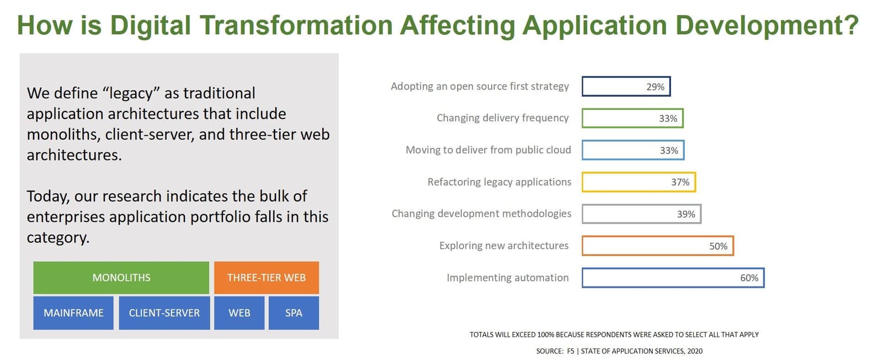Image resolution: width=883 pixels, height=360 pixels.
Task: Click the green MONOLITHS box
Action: (x=121, y=278)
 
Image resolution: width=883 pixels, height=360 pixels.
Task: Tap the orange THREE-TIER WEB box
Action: (x=267, y=278)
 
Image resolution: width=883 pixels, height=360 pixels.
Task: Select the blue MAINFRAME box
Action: (x=73, y=313)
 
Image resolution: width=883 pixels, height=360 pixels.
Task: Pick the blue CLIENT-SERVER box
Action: (x=164, y=313)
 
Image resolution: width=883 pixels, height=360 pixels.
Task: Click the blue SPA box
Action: (x=294, y=313)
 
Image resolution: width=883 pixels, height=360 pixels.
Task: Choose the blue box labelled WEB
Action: (x=240, y=313)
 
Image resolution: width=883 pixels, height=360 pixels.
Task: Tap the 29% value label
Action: (x=655, y=87)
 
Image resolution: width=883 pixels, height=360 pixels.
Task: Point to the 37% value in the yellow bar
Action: (x=680, y=182)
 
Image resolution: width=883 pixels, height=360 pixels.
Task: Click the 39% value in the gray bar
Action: (x=686, y=214)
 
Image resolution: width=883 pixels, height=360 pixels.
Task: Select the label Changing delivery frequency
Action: (x=503, y=118)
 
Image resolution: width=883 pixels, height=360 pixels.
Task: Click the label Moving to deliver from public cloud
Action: (x=488, y=150)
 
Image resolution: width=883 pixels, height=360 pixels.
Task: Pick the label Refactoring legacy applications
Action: (x=499, y=182)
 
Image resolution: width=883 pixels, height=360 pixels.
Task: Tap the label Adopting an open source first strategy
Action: (x=480, y=86)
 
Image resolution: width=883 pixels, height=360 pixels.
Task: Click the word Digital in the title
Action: (x=150, y=25)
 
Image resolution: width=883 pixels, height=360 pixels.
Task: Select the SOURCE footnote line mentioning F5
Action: (x=619, y=351)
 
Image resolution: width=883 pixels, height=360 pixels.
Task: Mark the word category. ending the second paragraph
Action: (x=58, y=238)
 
